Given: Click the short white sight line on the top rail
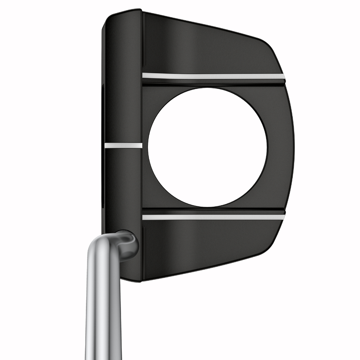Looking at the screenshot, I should pos(123,145).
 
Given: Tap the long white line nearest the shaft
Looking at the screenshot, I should pos(213,217).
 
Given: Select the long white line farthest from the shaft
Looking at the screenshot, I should pos(213,76).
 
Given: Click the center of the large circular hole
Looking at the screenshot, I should pos(207,147).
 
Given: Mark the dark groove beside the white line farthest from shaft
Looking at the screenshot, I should pos(213,82).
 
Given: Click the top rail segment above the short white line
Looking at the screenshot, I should pos(122,79).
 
